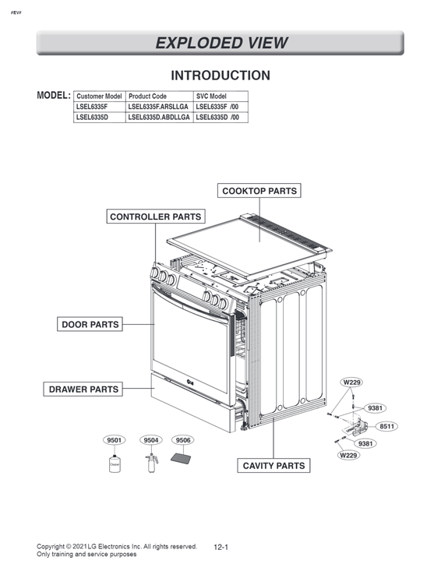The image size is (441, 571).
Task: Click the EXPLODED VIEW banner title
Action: tap(220, 43)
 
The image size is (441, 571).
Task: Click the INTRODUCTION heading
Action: tap(220, 76)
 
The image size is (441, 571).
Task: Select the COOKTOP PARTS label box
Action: tap(259, 191)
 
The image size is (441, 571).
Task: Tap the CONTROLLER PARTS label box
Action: tap(155, 217)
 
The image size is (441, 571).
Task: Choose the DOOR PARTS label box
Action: tap(90, 324)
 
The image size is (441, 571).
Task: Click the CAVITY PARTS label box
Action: tap(273, 466)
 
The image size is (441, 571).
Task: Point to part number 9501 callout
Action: tap(115, 440)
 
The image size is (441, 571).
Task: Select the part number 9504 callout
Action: tap(151, 440)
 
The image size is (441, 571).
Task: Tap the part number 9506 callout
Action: tap(183, 440)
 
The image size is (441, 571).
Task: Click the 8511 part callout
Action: tap(387, 426)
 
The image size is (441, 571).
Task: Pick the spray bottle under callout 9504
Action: tap(150, 463)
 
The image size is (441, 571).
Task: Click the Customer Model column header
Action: tap(99, 96)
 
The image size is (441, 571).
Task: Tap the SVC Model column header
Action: tap(210, 96)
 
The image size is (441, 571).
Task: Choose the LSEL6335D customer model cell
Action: tap(93, 118)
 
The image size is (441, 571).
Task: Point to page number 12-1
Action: tap(220, 548)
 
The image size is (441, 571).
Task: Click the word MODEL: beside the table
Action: tap(54, 94)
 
